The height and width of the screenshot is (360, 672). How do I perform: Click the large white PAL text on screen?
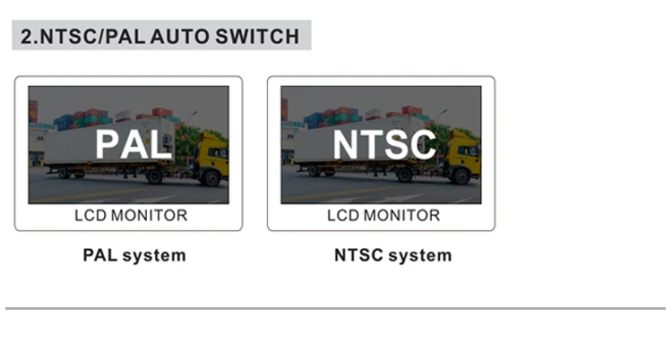[x=134, y=143]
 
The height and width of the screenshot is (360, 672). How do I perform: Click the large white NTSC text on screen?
[x=384, y=143]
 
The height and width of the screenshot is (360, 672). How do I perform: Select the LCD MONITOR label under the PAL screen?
[x=130, y=216]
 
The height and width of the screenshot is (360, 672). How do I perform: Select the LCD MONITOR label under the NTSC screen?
[x=383, y=216]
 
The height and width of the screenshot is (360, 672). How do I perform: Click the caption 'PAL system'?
[x=134, y=255]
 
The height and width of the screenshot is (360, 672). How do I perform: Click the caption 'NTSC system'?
[x=392, y=255]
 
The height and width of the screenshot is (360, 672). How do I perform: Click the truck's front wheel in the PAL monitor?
[x=211, y=177]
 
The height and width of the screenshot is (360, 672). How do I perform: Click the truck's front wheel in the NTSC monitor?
[x=464, y=177]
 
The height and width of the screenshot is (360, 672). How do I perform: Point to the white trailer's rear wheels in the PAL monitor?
[x=68, y=173]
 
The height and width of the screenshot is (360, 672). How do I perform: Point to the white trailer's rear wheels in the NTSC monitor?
[x=321, y=173]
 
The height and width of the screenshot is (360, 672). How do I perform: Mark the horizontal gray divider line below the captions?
[x=335, y=309]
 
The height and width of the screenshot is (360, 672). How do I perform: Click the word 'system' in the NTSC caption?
[x=420, y=255]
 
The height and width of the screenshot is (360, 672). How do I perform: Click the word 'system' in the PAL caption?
[x=154, y=255]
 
